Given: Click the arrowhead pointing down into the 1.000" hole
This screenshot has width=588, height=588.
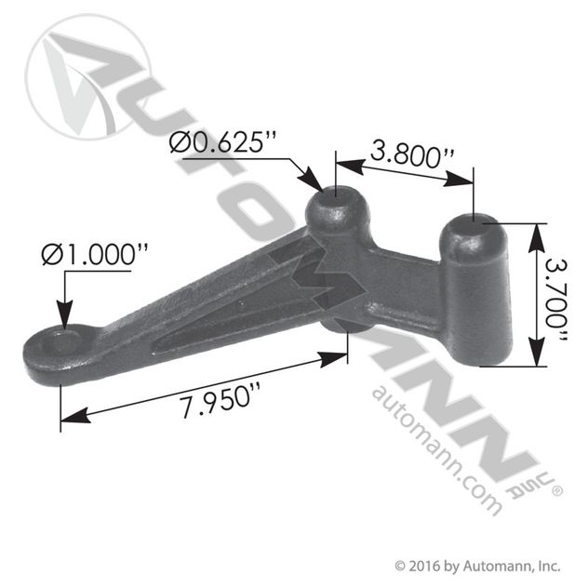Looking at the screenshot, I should (x=62, y=321).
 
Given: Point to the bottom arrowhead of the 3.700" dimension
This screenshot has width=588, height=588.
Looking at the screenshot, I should (x=535, y=361).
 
